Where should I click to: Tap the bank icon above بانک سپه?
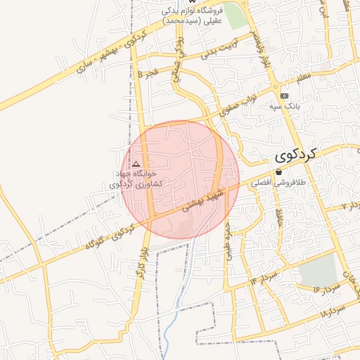(284, 96)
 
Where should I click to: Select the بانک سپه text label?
(284, 106)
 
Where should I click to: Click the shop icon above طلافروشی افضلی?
(278, 172)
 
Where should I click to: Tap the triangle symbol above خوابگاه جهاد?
(136, 163)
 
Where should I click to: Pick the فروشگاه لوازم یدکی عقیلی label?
(192, 15)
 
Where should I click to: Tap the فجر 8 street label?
(150, 72)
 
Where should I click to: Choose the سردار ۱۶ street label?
(312, 286)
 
